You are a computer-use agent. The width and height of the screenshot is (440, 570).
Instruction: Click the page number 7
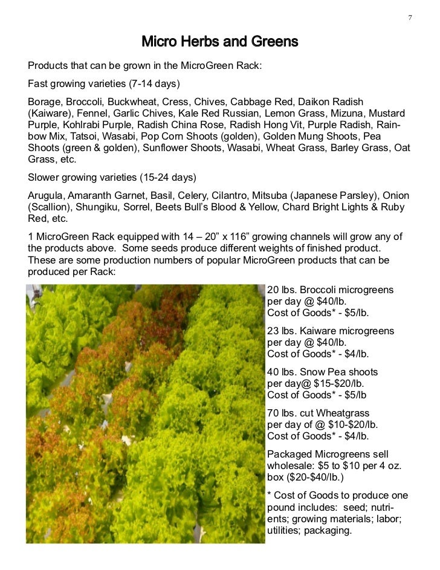click(410, 16)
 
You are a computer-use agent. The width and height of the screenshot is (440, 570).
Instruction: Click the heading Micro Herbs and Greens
click(220, 42)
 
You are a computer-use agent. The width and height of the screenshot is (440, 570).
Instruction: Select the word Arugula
click(46, 195)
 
